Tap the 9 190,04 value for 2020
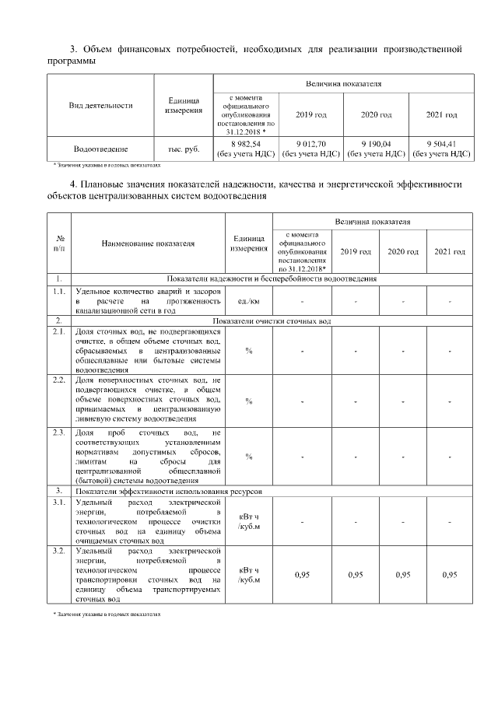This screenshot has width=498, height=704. click(376, 144)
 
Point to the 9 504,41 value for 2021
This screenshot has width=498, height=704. click(442, 144)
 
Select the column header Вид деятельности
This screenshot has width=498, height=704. click(101, 105)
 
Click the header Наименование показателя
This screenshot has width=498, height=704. click(148, 243)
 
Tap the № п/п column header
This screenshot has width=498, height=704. click(60, 243)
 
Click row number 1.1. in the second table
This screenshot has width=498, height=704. click(59, 291)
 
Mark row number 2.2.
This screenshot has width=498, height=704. click(59, 380)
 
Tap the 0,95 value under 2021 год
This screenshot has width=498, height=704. click(450, 575)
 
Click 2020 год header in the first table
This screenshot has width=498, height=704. click(376, 115)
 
